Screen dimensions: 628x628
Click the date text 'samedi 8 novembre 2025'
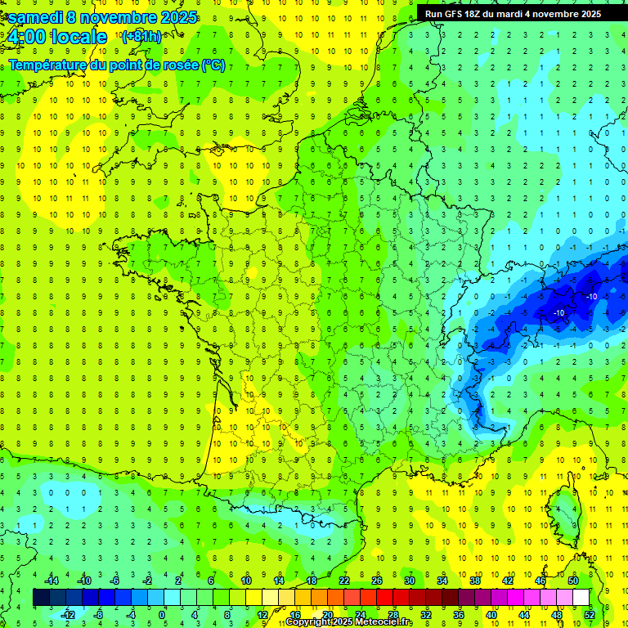pos(103,17)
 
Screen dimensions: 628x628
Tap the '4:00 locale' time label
pos(57,37)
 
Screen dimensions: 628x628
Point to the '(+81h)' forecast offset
pos(141,37)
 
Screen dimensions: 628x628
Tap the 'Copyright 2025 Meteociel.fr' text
pos(349,622)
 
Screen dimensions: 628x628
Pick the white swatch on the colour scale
pos(581,598)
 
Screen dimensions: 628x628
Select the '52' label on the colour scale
pos(590,614)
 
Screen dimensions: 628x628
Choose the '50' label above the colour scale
pos(573,581)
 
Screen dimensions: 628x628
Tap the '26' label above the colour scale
pos(377,581)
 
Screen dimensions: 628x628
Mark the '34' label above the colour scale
pos(442,581)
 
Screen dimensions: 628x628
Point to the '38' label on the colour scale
pos(475,581)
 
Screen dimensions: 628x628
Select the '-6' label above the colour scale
pos(116,581)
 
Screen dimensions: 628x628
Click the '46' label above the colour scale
pos(541,581)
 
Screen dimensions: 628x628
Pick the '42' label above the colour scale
pos(508,581)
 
